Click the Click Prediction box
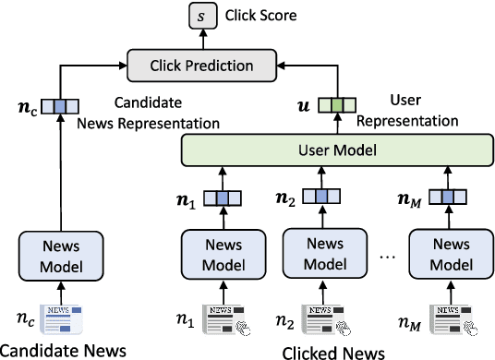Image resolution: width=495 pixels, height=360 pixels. point(201,65)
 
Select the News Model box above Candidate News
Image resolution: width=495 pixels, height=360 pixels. point(61,256)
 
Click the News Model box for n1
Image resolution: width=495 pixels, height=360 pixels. point(222,256)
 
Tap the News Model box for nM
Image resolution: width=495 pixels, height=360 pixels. point(452,256)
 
